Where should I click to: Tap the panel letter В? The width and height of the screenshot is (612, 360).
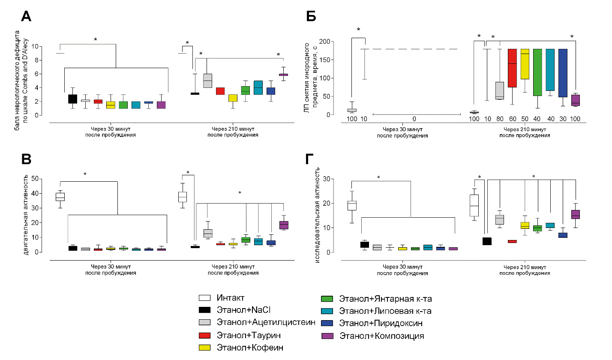(26, 159)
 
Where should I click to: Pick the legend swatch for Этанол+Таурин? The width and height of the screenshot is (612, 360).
(204, 335)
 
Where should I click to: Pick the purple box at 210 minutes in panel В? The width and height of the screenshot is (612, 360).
(284, 225)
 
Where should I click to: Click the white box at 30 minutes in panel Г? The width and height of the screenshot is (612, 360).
(352, 205)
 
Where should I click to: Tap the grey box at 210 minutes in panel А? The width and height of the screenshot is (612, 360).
(207, 81)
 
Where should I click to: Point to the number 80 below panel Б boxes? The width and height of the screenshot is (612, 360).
(499, 118)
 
